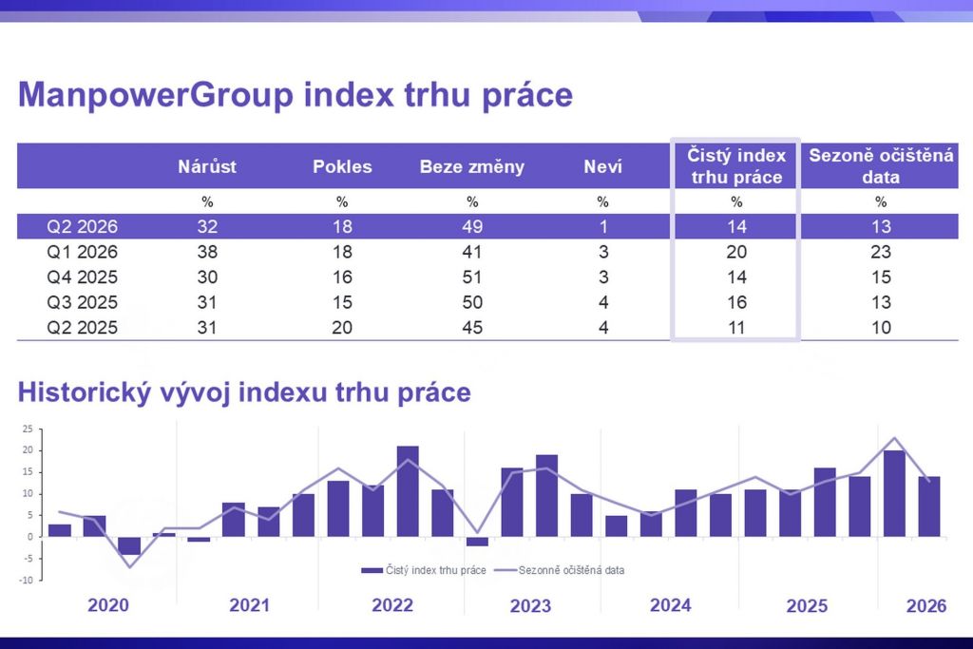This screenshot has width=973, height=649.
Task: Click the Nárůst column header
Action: coord(207,167)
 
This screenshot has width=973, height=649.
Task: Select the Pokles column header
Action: coord(342,167)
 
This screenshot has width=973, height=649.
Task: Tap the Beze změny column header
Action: coord(472,167)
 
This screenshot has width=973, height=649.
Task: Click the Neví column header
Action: coord(602,167)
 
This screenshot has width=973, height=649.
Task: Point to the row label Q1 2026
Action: coord(83,252)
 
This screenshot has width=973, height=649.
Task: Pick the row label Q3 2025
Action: coord(83,302)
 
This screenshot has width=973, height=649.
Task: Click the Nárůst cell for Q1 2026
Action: coord(207,252)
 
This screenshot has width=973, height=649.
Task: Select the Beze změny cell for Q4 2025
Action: coord(472,277)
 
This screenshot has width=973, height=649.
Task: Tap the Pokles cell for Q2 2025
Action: coord(342,328)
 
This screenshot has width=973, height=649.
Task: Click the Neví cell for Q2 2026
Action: coord(602,227)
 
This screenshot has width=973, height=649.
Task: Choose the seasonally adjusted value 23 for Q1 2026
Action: coord(881,252)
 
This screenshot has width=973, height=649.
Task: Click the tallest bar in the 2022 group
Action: coord(408,490)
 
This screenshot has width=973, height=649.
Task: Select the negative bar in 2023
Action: coord(477,542)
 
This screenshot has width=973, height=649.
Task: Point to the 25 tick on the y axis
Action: coord(28,429)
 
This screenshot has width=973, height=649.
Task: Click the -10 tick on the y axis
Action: coord(27,580)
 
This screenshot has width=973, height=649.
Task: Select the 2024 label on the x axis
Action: coord(671,604)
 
